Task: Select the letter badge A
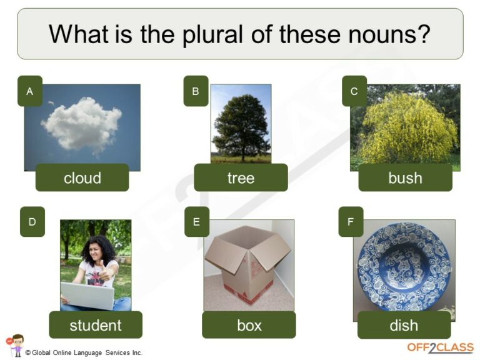tap(30, 91)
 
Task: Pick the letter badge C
tap(354, 91)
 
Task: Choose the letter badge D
tap(32, 222)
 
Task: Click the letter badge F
tap(351, 222)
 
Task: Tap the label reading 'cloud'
tap(82, 177)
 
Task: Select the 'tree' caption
tap(241, 177)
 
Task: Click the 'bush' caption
tap(405, 177)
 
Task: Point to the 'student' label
tap(96, 325)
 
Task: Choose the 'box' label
tap(249, 325)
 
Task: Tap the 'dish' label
tap(404, 325)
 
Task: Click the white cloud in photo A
tap(82, 125)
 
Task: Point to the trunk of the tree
tap(243, 152)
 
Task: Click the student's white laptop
tap(87, 295)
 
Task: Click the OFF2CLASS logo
tap(440, 347)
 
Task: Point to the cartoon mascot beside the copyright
tap(15, 345)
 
